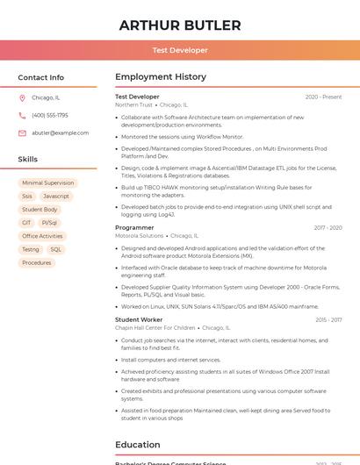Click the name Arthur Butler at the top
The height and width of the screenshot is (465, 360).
(180, 25)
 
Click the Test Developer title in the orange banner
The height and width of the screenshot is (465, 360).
(180, 50)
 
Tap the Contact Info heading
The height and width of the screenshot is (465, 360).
(41, 77)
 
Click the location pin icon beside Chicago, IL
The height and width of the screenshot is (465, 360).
(22, 97)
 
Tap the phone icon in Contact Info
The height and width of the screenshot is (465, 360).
(22, 115)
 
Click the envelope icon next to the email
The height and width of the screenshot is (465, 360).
(22, 132)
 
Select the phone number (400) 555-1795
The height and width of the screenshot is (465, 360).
(50, 115)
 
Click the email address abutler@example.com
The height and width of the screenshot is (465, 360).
(61, 132)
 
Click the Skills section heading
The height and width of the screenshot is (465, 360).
(28, 159)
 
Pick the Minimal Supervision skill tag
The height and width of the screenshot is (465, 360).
(47, 183)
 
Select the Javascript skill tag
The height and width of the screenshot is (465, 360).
(56, 197)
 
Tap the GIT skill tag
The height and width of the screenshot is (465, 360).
(27, 223)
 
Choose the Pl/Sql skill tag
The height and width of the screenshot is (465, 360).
(50, 223)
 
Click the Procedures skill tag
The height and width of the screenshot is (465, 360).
(37, 262)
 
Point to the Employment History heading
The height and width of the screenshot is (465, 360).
(161, 77)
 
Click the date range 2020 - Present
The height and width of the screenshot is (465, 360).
(323, 97)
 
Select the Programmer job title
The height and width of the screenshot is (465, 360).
(134, 227)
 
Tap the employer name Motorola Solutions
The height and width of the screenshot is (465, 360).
(140, 235)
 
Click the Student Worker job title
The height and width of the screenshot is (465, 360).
(139, 319)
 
